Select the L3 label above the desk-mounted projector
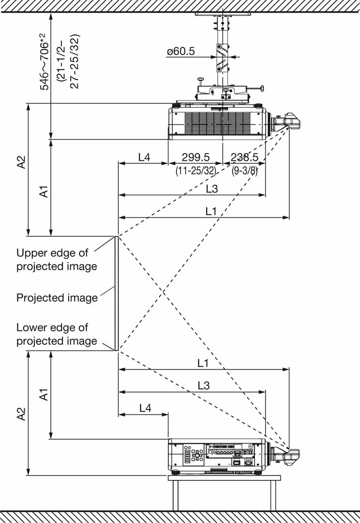coord(204,385)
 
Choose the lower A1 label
coord(44,395)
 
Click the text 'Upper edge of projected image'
coord(56,260)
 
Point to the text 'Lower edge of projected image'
coord(56,334)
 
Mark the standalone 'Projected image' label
coord(57,297)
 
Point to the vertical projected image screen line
coord(116,293)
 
